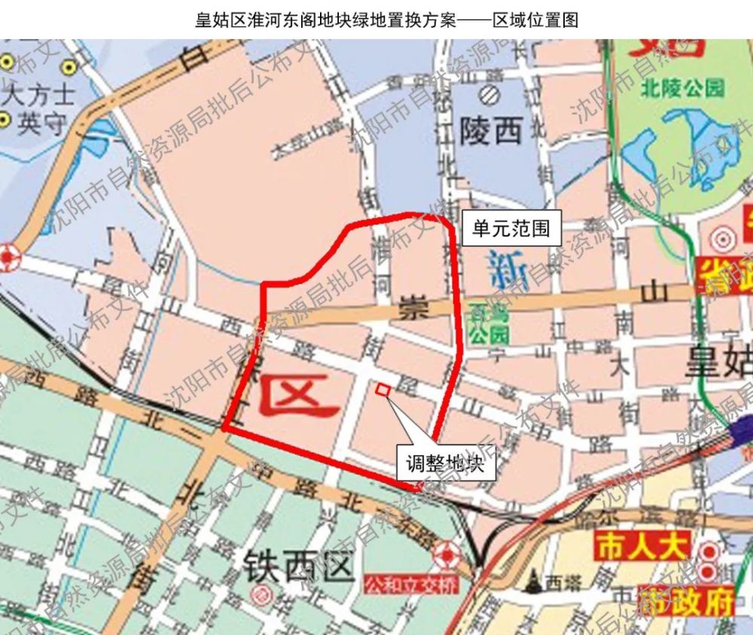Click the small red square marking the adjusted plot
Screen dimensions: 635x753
(x=382, y=389)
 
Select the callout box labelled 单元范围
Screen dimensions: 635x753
(x=511, y=228)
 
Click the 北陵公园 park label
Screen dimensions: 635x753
(x=683, y=88)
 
